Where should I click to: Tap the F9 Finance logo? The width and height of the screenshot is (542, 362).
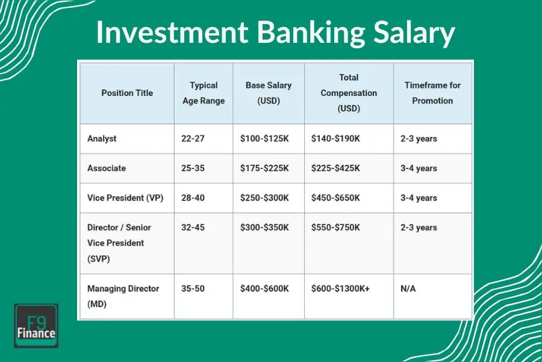click(36, 326)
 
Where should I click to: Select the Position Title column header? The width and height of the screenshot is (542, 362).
click(127, 93)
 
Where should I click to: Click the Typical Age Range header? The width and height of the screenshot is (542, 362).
click(204, 93)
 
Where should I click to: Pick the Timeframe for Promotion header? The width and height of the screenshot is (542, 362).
click(432, 93)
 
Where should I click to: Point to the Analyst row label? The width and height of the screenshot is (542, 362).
click(102, 138)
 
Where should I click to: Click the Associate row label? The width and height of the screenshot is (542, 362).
click(106, 168)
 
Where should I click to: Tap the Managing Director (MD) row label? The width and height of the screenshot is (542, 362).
click(123, 296)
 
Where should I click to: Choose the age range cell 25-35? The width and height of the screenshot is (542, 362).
click(193, 168)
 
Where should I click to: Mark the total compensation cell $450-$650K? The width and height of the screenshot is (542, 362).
click(335, 197)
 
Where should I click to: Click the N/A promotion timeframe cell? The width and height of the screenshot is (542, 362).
click(408, 288)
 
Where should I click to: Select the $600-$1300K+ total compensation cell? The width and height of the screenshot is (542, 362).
click(340, 288)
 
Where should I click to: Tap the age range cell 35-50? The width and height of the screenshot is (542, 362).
click(193, 288)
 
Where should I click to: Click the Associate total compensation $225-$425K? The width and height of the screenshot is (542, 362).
click(335, 168)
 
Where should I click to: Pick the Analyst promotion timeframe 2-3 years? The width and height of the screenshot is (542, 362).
click(419, 138)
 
